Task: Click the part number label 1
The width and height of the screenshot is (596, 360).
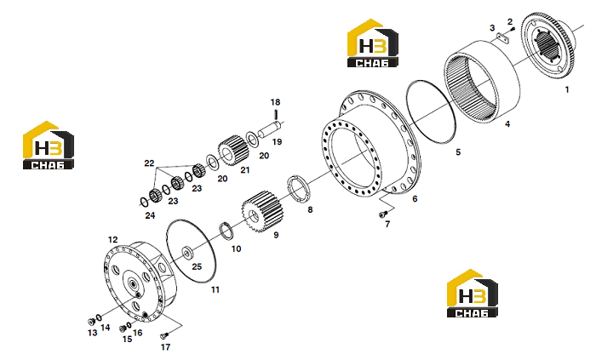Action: click(x=567, y=89)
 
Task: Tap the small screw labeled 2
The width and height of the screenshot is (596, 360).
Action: click(x=513, y=29)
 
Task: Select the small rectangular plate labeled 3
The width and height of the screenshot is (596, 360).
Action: click(x=503, y=38)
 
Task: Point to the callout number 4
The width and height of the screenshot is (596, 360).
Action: click(x=507, y=123)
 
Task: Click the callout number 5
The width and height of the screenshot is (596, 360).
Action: click(x=458, y=152)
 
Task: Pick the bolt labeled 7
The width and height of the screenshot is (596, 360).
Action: click(x=383, y=215)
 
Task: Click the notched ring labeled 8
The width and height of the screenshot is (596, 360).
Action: click(x=298, y=189)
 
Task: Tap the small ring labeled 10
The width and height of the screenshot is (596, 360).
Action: click(x=226, y=231)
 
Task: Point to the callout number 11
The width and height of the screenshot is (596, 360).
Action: click(x=215, y=289)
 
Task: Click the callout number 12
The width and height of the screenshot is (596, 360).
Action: click(x=113, y=240)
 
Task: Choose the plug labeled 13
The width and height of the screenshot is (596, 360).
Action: click(x=91, y=322)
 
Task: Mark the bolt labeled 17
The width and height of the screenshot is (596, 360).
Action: click(x=164, y=335)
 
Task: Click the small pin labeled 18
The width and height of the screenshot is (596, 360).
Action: click(x=277, y=114)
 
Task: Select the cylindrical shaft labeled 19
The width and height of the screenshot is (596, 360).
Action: click(x=270, y=129)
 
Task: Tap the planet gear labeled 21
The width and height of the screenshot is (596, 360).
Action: click(x=233, y=151)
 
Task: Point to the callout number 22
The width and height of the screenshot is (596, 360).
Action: click(x=149, y=163)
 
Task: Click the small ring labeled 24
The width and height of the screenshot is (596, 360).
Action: click(x=145, y=203)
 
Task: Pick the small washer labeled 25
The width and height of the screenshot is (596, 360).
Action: click(x=187, y=253)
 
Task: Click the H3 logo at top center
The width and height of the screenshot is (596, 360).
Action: click(x=373, y=43)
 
